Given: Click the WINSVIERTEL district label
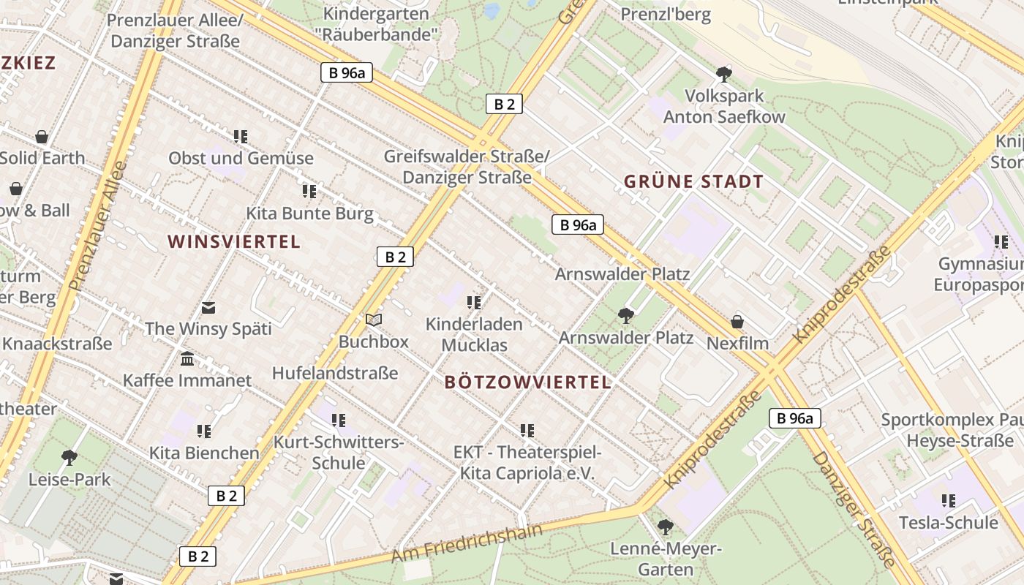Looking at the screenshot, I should click(x=233, y=242).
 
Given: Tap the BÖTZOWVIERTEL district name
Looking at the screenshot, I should click(x=527, y=382).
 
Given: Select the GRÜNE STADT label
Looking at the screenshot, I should click(x=693, y=182).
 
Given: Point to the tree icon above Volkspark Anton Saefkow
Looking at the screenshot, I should click(x=724, y=74).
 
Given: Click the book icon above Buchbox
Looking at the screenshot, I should click(x=374, y=320).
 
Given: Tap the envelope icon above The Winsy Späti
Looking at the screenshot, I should click(x=208, y=308).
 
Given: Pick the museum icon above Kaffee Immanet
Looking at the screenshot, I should click(x=187, y=359).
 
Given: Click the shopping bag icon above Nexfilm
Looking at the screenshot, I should click(x=737, y=322).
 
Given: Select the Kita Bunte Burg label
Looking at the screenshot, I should click(x=309, y=214).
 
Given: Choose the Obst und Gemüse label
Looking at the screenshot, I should click(x=241, y=158).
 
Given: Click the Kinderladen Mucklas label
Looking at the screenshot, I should click(x=474, y=334).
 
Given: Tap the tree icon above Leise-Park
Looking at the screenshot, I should click(x=69, y=458).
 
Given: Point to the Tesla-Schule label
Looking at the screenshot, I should click(x=948, y=523).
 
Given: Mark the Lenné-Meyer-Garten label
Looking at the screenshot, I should click(x=666, y=559).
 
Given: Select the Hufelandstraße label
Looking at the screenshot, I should click(x=335, y=373).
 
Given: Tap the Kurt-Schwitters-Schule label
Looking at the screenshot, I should click(x=338, y=452).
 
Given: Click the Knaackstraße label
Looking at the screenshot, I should click(x=56, y=343).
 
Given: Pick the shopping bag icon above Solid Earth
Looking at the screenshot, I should click(x=42, y=137).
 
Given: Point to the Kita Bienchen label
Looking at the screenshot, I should click(x=204, y=453).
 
